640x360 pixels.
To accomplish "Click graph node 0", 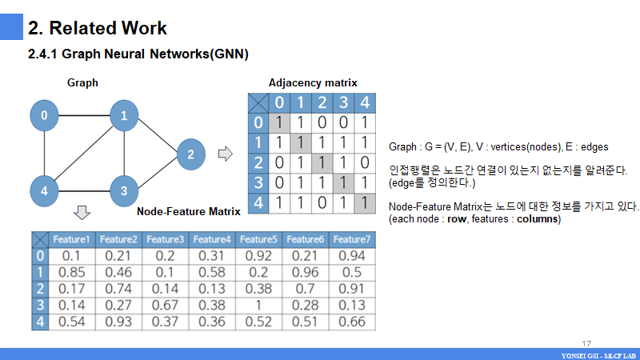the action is (x=45, y=116).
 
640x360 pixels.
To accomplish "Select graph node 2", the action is (x=190, y=154).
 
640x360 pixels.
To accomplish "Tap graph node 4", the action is (x=45, y=190).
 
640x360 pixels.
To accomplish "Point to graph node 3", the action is (x=124, y=190).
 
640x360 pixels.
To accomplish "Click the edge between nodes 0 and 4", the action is (x=45, y=154).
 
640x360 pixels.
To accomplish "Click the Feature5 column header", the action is (x=258, y=239).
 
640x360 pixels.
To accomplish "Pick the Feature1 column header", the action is (x=71, y=239).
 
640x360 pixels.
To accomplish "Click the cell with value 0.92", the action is (x=258, y=256).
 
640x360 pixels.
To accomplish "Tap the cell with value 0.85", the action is (x=71, y=272).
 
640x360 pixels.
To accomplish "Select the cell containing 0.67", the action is (x=165, y=305).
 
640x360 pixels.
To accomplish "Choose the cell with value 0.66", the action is (x=352, y=322).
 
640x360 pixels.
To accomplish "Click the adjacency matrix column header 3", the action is (x=343, y=102).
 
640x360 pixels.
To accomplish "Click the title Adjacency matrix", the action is (x=313, y=82).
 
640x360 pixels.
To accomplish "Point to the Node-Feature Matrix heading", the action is (x=189, y=212).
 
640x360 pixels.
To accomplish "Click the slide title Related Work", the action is (x=98, y=29).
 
